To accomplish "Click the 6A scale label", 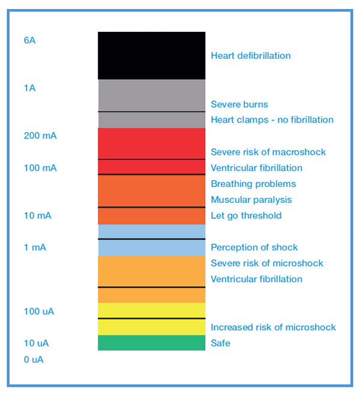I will (x=30, y=40).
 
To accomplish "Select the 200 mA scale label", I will (x=40, y=136).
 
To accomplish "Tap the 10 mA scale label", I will (x=38, y=216).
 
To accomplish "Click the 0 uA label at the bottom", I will (x=34, y=360).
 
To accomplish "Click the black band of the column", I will (x=151, y=55).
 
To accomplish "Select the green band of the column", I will (x=151, y=343).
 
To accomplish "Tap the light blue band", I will (x=151, y=240).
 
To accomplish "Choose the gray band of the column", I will (x=151, y=103).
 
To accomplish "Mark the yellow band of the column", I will (x=151, y=319).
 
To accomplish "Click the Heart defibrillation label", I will (x=251, y=56).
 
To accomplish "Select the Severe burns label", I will (x=239, y=104).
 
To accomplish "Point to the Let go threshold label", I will (x=246, y=216).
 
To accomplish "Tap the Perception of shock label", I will (x=254, y=247).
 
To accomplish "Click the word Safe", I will (x=220, y=343).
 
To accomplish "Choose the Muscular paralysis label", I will (x=251, y=200).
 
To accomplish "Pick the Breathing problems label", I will (x=253, y=184).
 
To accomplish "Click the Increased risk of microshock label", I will (x=273, y=328).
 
